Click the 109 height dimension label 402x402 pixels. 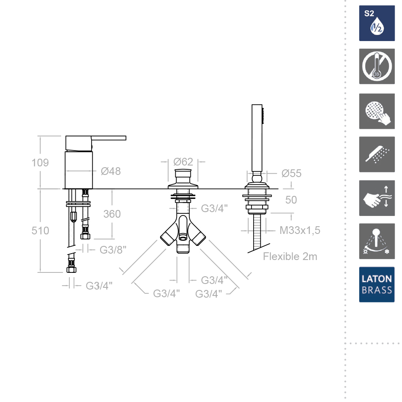[40, 163]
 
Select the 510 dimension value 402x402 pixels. [40, 231]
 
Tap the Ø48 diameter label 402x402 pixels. [111, 171]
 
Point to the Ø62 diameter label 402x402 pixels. [183, 162]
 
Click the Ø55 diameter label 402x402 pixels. [291, 173]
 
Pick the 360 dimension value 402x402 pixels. [112, 214]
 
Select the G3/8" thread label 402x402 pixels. [113, 250]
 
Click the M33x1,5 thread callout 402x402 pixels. [300, 230]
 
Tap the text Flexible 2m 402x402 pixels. [290, 256]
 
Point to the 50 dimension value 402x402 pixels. [291, 200]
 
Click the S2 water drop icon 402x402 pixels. [377, 23]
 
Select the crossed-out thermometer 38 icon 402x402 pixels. [377, 66]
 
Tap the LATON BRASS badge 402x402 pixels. [377, 284]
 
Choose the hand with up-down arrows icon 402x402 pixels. [377, 198]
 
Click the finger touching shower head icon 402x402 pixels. [377, 111]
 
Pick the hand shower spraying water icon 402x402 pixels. [377, 154]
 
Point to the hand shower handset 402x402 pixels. [257, 139]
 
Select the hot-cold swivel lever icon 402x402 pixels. [377, 241]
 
